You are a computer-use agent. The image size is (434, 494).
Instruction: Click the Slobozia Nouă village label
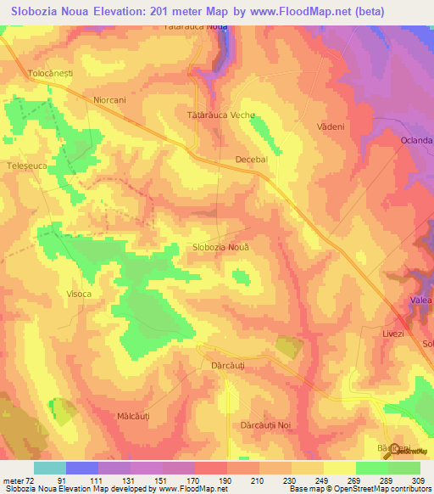[222, 247]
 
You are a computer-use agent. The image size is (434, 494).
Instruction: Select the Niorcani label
[109, 99]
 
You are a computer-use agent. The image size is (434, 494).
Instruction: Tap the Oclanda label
[417, 140]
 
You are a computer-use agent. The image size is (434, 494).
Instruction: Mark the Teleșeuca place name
[25, 166]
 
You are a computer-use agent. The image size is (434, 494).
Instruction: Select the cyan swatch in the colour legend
[49, 468]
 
